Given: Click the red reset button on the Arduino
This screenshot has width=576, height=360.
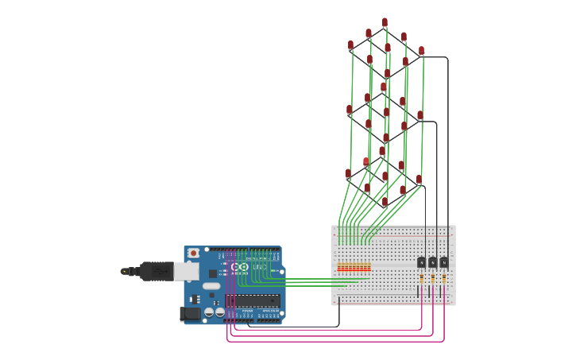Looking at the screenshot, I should (x=193, y=254).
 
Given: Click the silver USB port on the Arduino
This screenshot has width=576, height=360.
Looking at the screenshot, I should (x=185, y=272).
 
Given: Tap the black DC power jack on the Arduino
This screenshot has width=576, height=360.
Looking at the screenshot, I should (x=191, y=314).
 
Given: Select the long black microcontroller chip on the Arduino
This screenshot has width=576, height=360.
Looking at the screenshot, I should (x=253, y=300).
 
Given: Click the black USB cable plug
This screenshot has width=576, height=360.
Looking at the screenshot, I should (x=156, y=271).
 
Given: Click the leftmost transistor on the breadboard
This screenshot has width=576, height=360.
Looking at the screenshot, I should (x=421, y=262).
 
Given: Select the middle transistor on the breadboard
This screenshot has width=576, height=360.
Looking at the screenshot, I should (x=432, y=262).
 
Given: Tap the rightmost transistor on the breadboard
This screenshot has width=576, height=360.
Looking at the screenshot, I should (x=443, y=262).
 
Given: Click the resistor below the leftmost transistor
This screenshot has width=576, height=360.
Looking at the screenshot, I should (x=421, y=279).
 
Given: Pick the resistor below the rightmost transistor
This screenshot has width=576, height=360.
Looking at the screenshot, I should (x=443, y=279).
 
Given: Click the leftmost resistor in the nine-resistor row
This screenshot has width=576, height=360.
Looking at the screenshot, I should (x=339, y=267).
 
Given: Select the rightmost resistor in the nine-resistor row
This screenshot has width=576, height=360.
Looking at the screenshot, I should (x=369, y=267).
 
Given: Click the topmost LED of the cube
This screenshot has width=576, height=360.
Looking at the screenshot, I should (x=385, y=23).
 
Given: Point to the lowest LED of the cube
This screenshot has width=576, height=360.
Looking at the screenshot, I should (x=385, y=203).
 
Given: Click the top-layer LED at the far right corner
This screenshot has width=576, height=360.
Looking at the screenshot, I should (x=421, y=51).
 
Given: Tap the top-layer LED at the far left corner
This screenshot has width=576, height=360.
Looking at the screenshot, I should (x=350, y=46).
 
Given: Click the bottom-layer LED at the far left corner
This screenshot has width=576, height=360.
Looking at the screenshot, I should (x=348, y=173).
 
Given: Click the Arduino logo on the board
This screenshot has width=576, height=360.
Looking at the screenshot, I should (x=241, y=266).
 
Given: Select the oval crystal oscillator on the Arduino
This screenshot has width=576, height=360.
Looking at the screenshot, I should (x=211, y=285).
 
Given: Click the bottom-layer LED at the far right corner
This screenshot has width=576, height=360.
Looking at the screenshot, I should (x=419, y=180).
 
